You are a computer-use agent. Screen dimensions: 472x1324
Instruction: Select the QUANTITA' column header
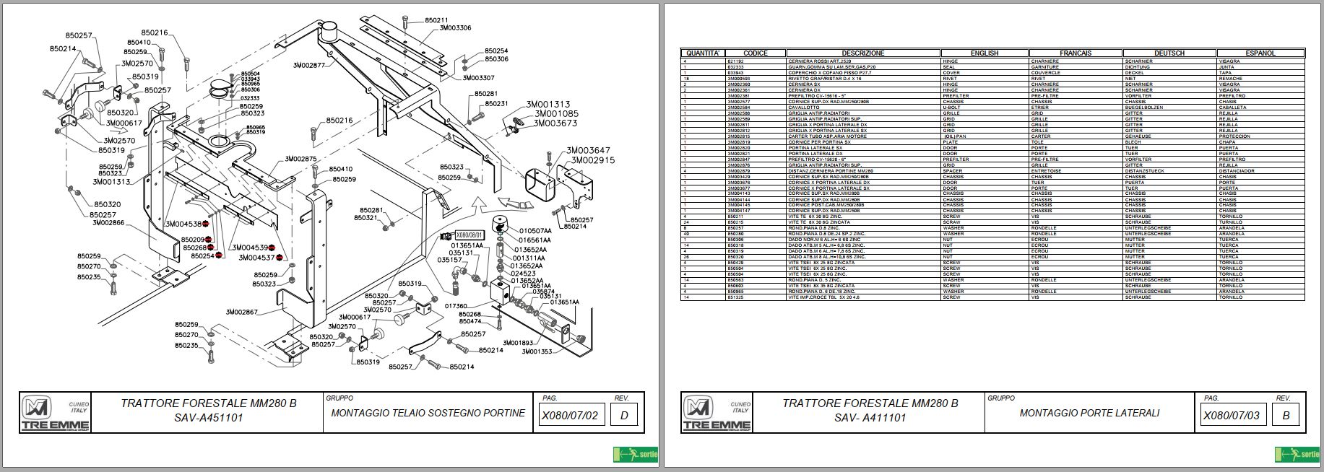coord(702,53)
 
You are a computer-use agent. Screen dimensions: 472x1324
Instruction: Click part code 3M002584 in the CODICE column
coord(739,107)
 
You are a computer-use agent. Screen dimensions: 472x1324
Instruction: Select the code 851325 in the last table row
coord(736,297)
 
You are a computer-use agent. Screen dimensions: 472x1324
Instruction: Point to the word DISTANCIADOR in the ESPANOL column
coord(1237,171)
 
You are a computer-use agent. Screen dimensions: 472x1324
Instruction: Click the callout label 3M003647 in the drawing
coord(589,151)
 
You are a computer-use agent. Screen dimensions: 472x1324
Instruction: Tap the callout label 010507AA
coord(535,231)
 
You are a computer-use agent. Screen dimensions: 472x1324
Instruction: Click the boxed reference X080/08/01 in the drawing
coord(469,235)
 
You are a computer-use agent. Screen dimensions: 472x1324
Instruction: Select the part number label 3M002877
coord(314,65)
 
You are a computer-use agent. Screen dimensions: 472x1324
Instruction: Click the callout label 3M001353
coord(537,352)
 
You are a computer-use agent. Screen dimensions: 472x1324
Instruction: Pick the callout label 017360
coord(456,306)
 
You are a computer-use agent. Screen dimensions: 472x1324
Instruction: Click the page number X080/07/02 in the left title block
coord(570,416)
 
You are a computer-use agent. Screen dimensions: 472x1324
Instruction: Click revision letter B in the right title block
coord(1286,416)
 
